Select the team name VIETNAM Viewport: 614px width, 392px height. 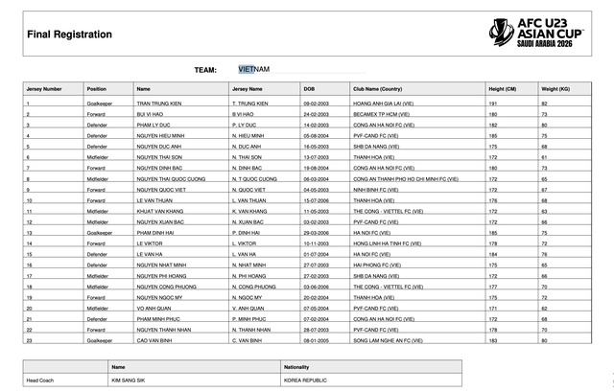pyautogui.click(x=254, y=70)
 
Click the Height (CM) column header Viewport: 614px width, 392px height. pyautogui.click(x=502, y=88)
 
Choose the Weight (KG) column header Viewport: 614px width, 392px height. pyautogui.click(x=555, y=88)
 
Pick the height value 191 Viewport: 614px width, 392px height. pyautogui.click(x=491, y=103)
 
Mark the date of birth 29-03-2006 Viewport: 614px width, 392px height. pyautogui.click(x=316, y=233)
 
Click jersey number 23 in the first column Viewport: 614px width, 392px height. pyautogui.click(x=29, y=340)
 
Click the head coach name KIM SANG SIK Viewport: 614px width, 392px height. pyautogui.click(x=130, y=380)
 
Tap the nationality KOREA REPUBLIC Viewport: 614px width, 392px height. pyautogui.click(x=306, y=380)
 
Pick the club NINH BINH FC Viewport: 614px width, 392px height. pyautogui.click(x=376, y=190)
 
